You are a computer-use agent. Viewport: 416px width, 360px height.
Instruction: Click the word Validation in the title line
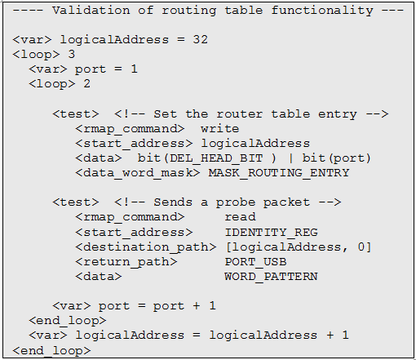[x=91, y=11]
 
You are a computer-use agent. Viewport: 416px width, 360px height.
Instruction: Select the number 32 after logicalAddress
[x=201, y=40]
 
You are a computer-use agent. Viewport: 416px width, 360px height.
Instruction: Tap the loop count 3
[x=72, y=55]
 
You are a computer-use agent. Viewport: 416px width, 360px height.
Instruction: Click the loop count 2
[x=86, y=84]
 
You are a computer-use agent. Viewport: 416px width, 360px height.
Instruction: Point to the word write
[x=220, y=129]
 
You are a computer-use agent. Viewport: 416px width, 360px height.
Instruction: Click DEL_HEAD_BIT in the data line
[x=216, y=158]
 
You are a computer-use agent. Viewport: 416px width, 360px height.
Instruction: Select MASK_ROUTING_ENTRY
[x=279, y=173]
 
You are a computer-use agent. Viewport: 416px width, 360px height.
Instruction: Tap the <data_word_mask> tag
[x=138, y=173]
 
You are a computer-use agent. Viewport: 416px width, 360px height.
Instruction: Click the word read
[x=240, y=217]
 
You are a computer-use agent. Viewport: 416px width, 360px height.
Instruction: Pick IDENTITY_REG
[x=272, y=233]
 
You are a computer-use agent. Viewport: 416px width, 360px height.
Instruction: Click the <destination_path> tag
[x=146, y=247]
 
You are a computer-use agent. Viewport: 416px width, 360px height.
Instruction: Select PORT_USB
[x=255, y=262]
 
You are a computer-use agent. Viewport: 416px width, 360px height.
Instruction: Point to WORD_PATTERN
[x=271, y=277]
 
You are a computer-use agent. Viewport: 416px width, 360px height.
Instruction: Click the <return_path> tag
[x=126, y=262]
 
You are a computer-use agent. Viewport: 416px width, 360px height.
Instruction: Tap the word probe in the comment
[x=236, y=202]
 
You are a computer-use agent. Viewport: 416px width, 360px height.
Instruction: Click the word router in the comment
[x=240, y=114]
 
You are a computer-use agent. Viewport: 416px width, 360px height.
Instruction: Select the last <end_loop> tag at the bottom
[x=51, y=351]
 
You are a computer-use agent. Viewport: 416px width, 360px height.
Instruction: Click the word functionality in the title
[x=322, y=11]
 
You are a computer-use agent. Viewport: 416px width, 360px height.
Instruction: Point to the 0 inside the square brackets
[x=361, y=247]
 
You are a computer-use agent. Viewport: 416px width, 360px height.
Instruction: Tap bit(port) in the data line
[x=337, y=158]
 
